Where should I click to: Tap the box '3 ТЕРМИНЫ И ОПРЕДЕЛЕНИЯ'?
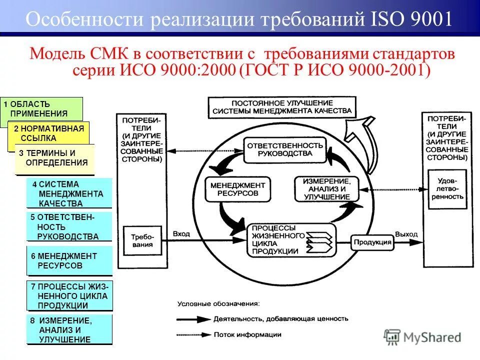(54, 158)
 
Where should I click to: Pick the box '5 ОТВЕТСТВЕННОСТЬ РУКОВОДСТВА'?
(68, 227)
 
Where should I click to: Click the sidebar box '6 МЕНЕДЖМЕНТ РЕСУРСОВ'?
(68, 260)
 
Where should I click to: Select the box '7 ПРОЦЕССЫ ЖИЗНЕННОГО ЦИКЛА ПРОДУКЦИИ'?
(69, 296)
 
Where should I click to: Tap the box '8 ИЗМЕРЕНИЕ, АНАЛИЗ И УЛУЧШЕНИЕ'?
(69, 329)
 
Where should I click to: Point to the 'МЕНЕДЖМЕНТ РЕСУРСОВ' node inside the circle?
(238, 188)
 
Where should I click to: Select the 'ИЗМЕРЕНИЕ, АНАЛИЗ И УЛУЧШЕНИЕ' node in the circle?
(326, 188)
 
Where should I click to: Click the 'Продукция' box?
(372, 242)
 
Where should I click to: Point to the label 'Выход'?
(406, 233)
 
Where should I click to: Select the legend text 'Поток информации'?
(244, 334)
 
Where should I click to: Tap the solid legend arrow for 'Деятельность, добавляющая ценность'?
(193, 318)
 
